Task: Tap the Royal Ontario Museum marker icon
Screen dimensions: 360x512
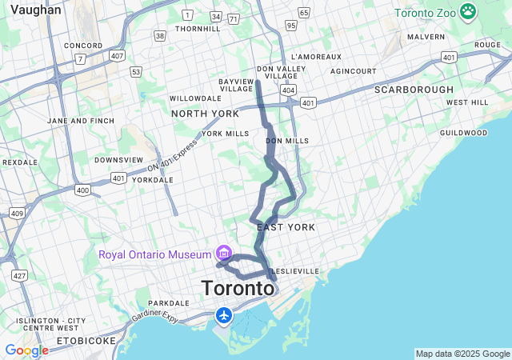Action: [223, 254]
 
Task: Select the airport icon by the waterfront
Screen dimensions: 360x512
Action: [223, 316]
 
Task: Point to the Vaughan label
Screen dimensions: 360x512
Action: [35, 10]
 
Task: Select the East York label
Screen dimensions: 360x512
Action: [286, 228]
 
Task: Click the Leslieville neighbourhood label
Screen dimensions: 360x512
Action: [296, 271]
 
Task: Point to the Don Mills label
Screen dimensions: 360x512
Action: [286, 141]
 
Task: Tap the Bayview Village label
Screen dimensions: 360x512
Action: [237, 85]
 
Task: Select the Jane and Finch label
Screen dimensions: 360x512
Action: [80, 121]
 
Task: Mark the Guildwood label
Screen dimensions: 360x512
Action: [463, 133]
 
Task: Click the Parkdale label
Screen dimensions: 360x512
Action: [168, 303]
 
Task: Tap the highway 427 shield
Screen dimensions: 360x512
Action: [18, 275]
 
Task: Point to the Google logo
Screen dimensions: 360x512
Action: [26, 350]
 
